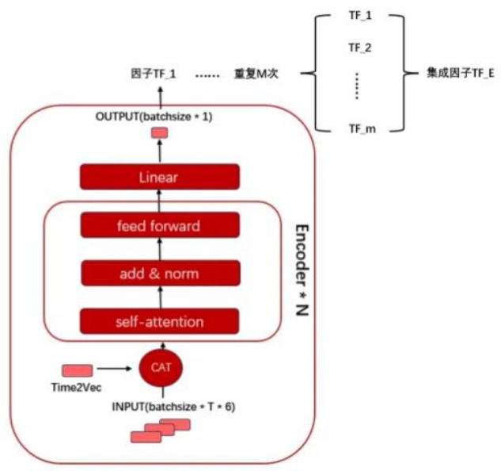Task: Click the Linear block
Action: [158, 177]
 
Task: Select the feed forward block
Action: [158, 226]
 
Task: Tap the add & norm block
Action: [158, 274]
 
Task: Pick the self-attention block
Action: [158, 321]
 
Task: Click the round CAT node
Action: [161, 367]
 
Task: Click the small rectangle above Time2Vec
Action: [78, 370]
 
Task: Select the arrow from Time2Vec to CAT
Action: [115, 369]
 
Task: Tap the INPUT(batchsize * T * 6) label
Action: [163, 408]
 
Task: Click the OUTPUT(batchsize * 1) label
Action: [154, 117]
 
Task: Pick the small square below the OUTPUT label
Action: [159, 133]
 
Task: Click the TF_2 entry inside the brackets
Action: [360, 47]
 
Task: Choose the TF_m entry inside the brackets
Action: [360, 128]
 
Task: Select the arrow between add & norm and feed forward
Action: [159, 250]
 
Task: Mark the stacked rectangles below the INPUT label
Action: [163, 431]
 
